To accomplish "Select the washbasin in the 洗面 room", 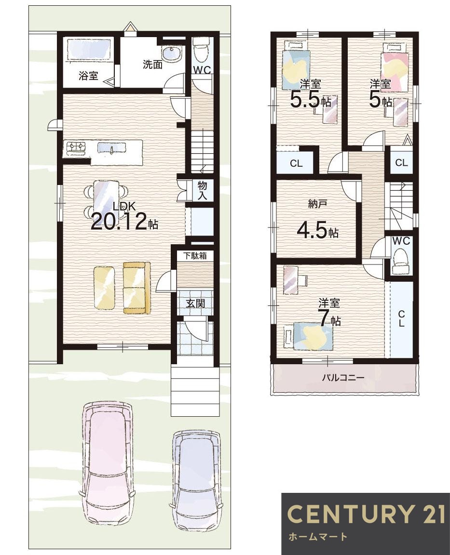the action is (x=172, y=54).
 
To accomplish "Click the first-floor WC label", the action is (x=202, y=70).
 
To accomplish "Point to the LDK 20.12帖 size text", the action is (x=125, y=217).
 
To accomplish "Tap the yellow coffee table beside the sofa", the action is (x=104, y=288).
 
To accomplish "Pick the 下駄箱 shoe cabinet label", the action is (x=195, y=256).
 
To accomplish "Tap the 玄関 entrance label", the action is (x=196, y=303).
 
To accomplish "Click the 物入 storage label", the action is (x=202, y=190).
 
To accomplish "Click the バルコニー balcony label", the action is (x=343, y=378).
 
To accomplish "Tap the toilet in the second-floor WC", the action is (x=401, y=260).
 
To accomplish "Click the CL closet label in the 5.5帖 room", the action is (x=296, y=163).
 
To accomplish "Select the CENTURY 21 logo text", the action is (x=366, y=514).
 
